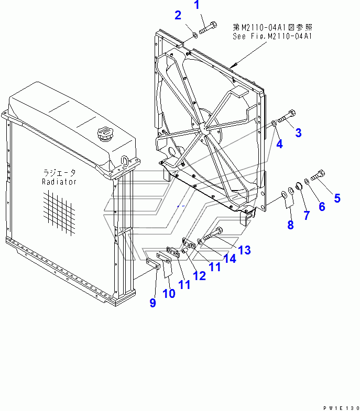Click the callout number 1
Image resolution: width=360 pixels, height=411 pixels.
pyautogui.click(x=197, y=6)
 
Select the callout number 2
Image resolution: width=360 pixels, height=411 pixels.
pyautogui.click(x=178, y=15)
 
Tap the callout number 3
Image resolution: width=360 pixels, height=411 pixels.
pyautogui.click(x=298, y=132)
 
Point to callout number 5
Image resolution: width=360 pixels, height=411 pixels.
pyautogui.click(x=337, y=198)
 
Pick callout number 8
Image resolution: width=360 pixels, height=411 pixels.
pyautogui.click(x=290, y=225)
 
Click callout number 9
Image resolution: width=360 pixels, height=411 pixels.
pyautogui.click(x=152, y=303)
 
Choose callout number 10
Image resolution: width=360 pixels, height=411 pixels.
pyautogui.click(x=168, y=293)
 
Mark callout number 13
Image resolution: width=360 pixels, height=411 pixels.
pyautogui.click(x=244, y=250)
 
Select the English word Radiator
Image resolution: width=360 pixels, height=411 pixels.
pyautogui.click(x=59, y=182)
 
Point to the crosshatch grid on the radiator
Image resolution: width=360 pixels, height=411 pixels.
pyautogui.click(x=61, y=209)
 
